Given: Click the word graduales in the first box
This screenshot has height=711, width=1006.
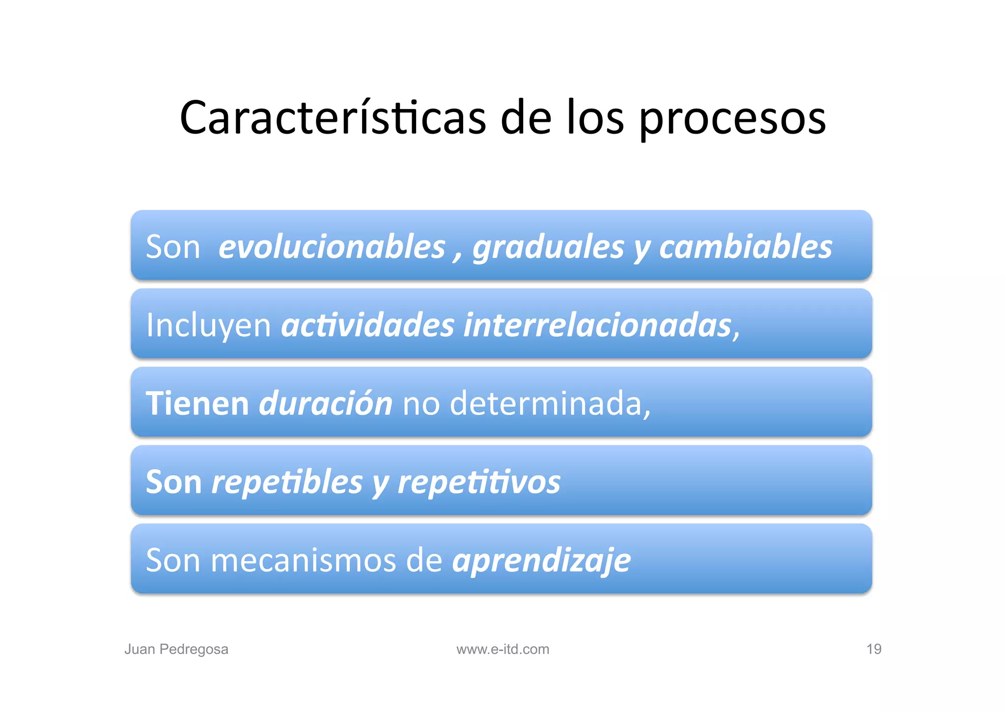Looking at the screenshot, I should [548, 247].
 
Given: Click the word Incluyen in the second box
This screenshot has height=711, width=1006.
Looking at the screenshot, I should [208, 325].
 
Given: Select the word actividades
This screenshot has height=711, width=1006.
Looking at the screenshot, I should [367, 325].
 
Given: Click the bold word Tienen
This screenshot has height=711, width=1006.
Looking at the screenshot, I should [197, 403].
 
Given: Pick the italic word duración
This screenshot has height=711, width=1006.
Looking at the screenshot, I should [325, 403].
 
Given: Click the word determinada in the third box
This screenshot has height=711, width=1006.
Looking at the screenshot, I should [545, 403].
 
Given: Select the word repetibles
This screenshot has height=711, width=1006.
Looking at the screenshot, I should [287, 482].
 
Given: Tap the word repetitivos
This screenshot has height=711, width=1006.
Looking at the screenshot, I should [479, 482].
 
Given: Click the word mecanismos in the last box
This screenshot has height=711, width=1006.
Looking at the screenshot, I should [303, 560].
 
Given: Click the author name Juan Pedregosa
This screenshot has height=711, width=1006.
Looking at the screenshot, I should [176, 649].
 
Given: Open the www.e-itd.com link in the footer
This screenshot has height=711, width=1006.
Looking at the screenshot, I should [503, 649].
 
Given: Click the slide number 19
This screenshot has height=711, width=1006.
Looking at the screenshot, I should [873, 649].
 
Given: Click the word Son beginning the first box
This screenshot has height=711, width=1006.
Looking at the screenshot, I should [173, 247].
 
